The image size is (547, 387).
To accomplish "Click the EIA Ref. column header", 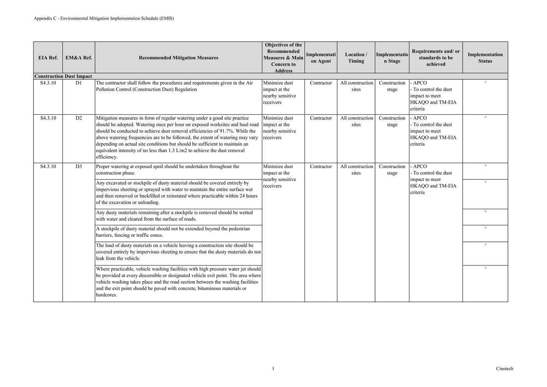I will pos(48,58).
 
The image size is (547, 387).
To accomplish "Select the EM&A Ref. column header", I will pos(79,58).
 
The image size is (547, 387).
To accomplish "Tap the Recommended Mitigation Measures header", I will pos(178,58).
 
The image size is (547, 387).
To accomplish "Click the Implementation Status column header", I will pos(485,58).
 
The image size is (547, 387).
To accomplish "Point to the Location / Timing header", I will pos(356,58).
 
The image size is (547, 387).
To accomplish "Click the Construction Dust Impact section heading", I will pos(63,76).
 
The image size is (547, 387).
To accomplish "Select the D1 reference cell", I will pos(79,83).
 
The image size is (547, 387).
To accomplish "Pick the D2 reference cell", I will pos(79,118).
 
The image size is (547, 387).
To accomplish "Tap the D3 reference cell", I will pos(79,167).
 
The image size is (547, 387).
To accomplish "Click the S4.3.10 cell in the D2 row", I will pos(48,118).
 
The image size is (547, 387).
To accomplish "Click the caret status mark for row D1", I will pos(485,83).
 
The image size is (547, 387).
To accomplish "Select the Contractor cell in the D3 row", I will pos(320,167).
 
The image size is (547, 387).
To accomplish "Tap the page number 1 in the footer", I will pos(273,369).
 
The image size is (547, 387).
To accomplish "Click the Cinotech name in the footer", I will pos(505,369).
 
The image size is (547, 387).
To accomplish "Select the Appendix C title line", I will pos(104,18).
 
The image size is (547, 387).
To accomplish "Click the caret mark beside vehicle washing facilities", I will pos(485,268).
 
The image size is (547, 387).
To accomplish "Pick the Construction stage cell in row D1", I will pos(392,86).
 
